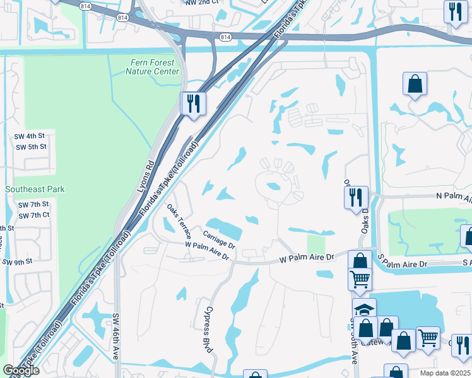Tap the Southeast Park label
35,189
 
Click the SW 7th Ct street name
33,216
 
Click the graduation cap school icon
364,309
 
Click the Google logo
21,371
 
